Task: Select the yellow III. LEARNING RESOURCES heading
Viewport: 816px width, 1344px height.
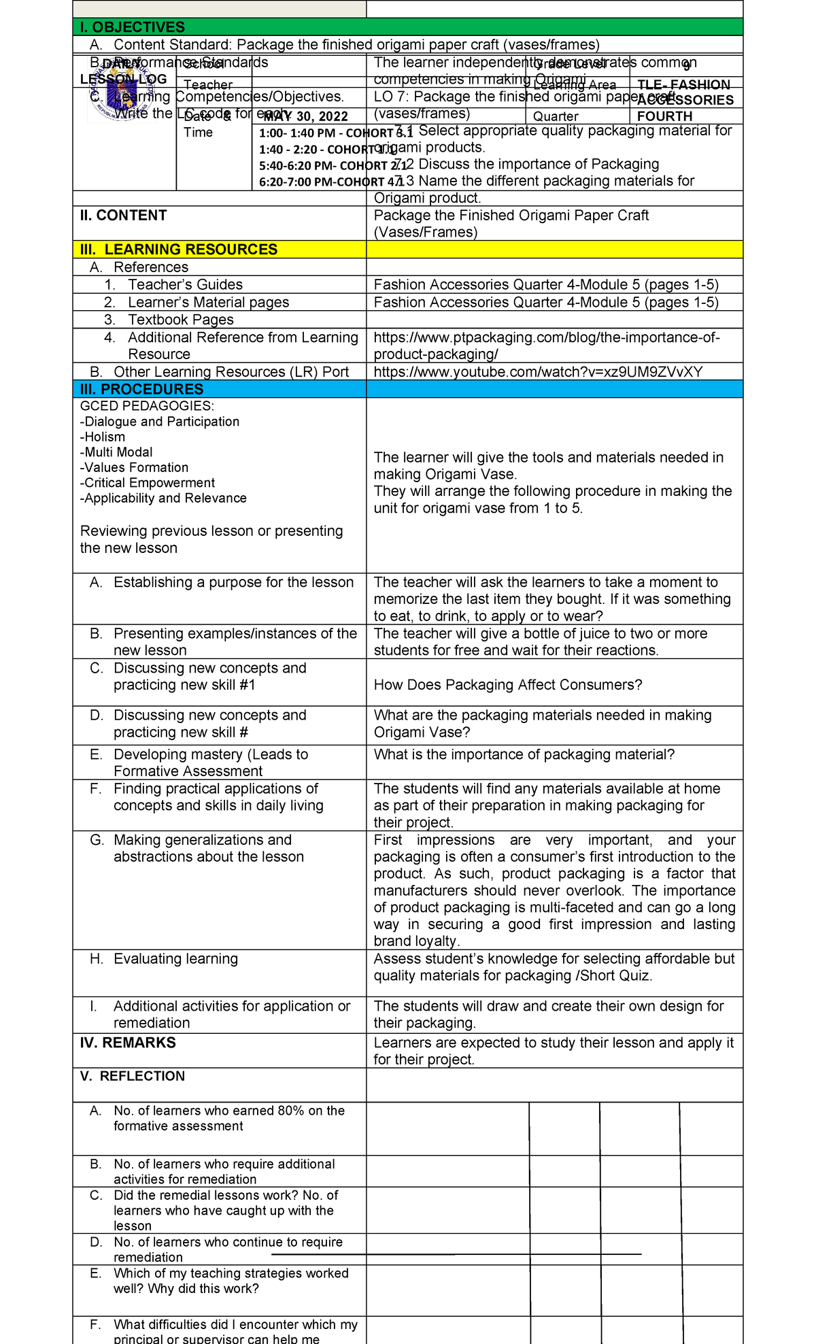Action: (179, 250)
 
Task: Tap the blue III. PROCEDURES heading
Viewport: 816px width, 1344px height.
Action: (141, 389)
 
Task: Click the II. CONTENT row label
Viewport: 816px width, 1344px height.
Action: (123, 216)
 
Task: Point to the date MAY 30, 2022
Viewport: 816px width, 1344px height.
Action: (305, 116)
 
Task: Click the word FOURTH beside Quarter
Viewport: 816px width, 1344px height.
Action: (664, 116)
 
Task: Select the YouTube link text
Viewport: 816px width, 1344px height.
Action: (538, 371)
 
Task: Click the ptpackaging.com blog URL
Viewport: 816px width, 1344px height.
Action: (546, 346)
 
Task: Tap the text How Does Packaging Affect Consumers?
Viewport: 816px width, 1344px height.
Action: (507, 685)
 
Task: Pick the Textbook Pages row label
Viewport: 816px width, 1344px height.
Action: (180, 320)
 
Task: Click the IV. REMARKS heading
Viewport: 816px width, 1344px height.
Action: (128, 1043)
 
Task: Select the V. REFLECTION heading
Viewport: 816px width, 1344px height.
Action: (133, 1076)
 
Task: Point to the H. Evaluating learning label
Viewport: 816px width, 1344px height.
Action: (175, 959)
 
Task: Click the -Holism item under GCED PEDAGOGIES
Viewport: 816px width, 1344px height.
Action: (103, 437)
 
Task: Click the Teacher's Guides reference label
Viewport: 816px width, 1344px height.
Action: (185, 285)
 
